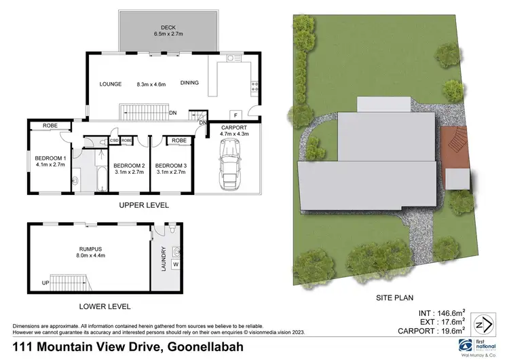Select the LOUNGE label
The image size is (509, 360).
(110, 84)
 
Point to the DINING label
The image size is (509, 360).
(189, 84)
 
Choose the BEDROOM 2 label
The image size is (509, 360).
(129, 166)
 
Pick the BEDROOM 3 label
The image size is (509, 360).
(171, 166)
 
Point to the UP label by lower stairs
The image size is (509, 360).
(45, 283)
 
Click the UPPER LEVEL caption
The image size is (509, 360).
(144, 205)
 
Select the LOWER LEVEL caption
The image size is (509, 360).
(105, 306)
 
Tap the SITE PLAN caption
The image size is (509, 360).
(396, 298)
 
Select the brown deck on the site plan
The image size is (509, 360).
(453, 145)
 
